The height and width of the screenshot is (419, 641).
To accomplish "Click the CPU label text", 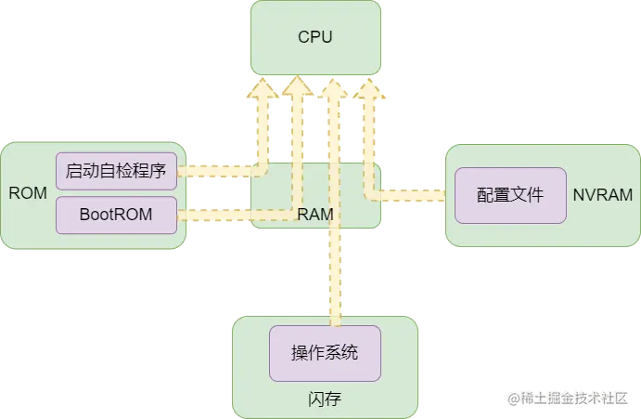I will coord(314,37).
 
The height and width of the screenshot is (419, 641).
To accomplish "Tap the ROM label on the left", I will coord(27,193).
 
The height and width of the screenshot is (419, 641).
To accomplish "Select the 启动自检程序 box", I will coord(116,171).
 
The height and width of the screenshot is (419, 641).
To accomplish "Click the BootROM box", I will coord(116,215).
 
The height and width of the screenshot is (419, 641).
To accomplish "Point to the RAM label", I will coord(315,215).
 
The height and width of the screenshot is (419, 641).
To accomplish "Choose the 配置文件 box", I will coord(509,195).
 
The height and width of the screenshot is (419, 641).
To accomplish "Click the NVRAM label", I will coord(603,195).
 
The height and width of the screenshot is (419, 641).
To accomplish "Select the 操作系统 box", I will coord(325,352).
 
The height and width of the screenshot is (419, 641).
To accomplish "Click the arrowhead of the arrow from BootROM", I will coord(298,87).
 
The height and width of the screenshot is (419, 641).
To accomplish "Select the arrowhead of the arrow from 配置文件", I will coord(368,89).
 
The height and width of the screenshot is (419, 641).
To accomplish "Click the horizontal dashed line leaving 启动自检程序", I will coord(218,171).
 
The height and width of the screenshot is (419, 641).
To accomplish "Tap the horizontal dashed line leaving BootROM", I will coord(232,215).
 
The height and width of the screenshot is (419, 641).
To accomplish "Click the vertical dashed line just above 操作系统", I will coord(335,297).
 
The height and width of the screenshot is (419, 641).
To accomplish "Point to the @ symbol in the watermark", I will coord(511,398).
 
